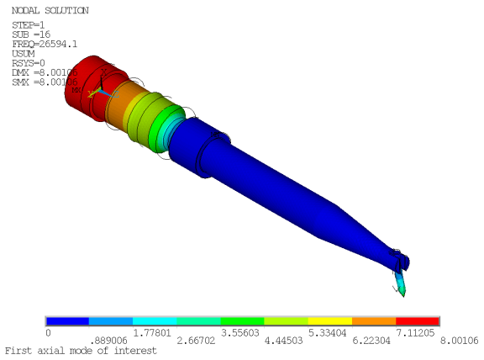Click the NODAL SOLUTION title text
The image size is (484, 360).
49,10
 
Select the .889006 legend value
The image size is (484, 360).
91,341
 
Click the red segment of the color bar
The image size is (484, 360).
418,321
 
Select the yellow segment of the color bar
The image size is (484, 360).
330,321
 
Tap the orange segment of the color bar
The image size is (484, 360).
374,321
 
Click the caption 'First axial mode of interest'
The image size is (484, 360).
80,350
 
